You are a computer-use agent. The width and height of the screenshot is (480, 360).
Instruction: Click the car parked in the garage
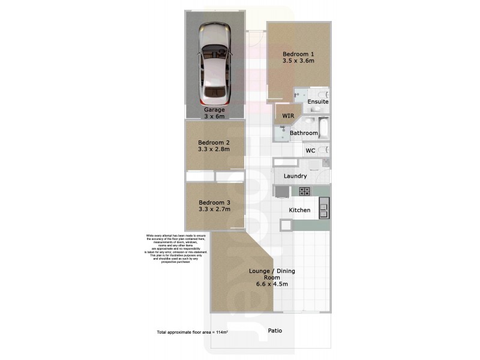pyautogui.click(x=215, y=62)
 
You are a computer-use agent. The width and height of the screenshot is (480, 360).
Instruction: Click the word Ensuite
pyautogui.click(x=317, y=102)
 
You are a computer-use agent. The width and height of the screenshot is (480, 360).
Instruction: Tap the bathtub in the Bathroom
pyautogui.click(x=323, y=128)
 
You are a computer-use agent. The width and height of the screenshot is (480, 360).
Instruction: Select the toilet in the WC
pyautogui.click(x=323, y=150)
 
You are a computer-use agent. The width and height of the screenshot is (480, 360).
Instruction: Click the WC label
pyautogui.click(x=310, y=151)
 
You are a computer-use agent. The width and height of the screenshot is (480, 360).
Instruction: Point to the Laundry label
pyautogui.click(x=295, y=176)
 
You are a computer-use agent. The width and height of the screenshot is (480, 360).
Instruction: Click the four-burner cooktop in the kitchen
pyautogui.click(x=304, y=191)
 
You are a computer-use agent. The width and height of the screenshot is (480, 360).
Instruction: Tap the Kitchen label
pyautogui.click(x=299, y=210)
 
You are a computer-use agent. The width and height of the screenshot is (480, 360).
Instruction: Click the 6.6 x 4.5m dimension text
pyautogui.click(x=272, y=284)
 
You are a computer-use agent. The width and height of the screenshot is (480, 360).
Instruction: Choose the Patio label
pyautogui.click(x=275, y=331)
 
